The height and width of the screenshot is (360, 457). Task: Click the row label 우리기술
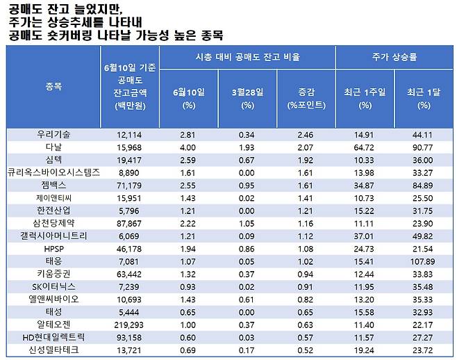(x=53, y=133)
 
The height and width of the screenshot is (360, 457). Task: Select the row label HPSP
(x=53, y=248)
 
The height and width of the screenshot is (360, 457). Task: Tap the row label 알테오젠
(x=53, y=325)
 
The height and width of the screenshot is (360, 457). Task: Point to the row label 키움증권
(x=53, y=274)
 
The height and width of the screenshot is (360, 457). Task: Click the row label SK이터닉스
(x=53, y=286)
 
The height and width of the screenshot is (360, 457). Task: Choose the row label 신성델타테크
(x=53, y=350)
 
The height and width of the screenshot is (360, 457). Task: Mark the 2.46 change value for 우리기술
(x=306, y=133)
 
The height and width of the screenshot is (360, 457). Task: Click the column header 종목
(x=53, y=87)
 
